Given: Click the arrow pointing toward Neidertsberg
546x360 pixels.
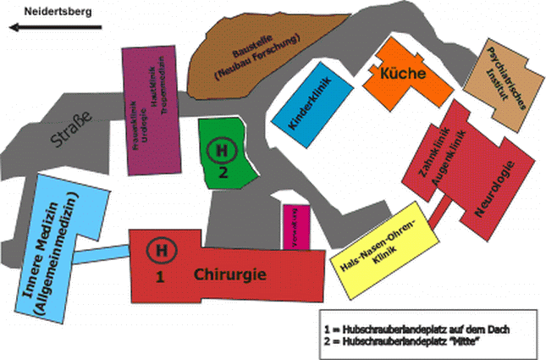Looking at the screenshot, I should click(x=54, y=26).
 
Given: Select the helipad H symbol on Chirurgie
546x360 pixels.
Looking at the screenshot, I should click(x=159, y=250).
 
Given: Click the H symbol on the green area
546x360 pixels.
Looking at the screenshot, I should click(x=222, y=152).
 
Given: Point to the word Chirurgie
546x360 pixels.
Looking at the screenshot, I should click(x=231, y=274).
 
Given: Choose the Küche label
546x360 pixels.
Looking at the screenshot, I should click(x=402, y=74).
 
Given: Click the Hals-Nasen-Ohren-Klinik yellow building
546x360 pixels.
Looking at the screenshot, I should click(x=386, y=251).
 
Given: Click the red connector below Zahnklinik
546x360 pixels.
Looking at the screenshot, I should click(x=437, y=213).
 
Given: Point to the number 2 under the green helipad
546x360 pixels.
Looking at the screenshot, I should click(x=223, y=172).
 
